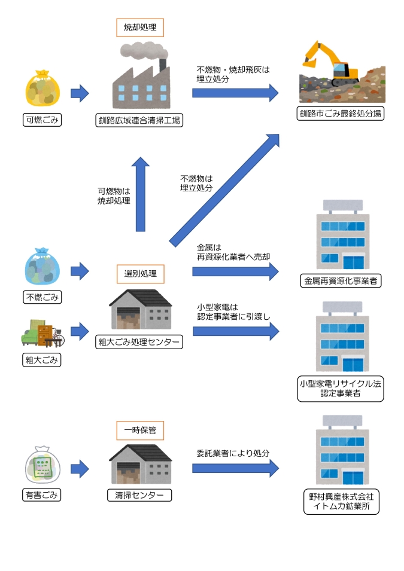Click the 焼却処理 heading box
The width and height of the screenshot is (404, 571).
(x=139, y=28)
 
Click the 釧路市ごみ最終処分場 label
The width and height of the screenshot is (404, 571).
(x=340, y=114)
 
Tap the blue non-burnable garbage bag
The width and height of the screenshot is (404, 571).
(x=43, y=267)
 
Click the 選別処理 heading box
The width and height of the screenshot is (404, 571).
(x=140, y=274)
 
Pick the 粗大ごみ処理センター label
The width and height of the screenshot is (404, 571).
(x=139, y=342)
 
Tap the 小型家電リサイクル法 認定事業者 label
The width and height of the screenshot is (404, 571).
(x=341, y=388)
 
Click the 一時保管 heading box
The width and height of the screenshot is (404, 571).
(x=140, y=430)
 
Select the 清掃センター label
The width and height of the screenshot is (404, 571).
(x=139, y=495)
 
